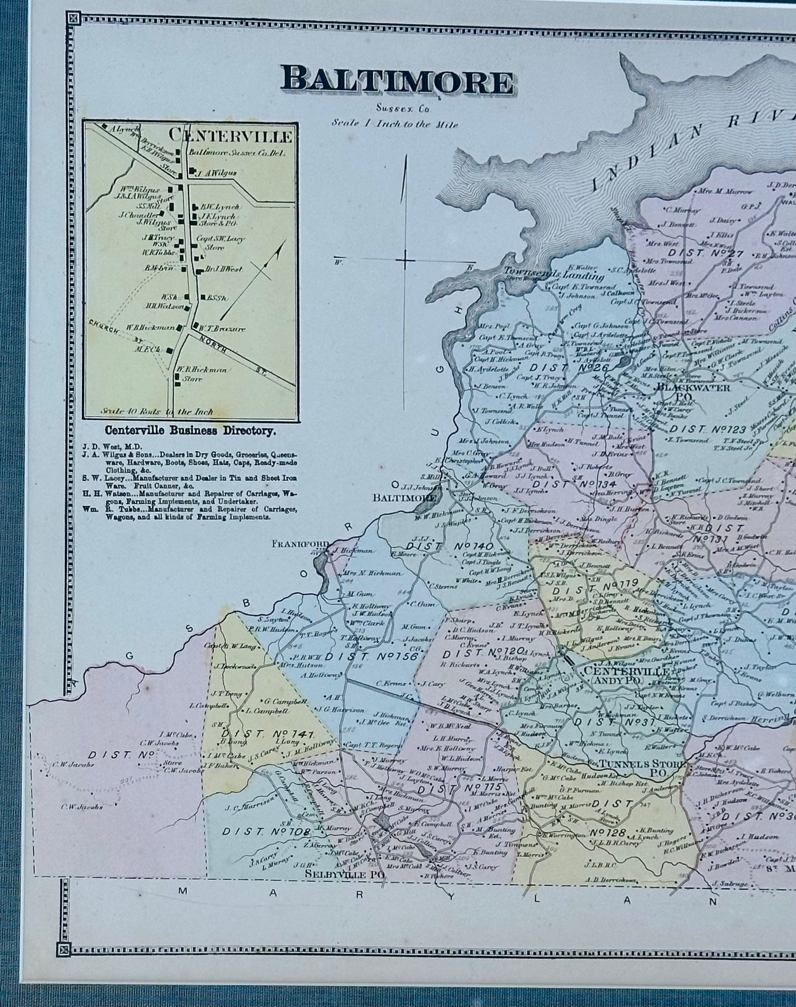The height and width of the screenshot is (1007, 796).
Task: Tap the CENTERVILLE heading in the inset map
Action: click(230, 135)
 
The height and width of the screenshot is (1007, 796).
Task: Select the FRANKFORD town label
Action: click(300, 543)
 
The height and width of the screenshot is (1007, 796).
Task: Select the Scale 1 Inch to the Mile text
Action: click(394, 123)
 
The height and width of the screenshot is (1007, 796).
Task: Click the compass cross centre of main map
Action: click(405, 261)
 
